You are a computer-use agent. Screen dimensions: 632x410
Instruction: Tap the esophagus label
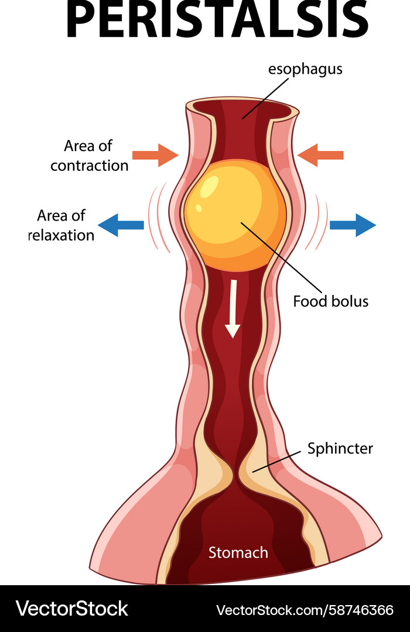click(305, 69)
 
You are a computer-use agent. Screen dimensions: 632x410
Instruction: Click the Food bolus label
click(330, 301)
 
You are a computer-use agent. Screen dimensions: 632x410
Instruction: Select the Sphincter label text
click(340, 449)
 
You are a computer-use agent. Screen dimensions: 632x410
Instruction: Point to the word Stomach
click(238, 552)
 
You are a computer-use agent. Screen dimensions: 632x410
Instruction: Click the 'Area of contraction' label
click(89, 156)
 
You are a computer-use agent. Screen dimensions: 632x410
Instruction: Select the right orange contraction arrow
click(320, 155)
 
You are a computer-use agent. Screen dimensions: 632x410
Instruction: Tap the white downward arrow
click(233, 308)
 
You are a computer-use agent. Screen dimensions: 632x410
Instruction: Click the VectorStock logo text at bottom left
click(71, 609)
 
